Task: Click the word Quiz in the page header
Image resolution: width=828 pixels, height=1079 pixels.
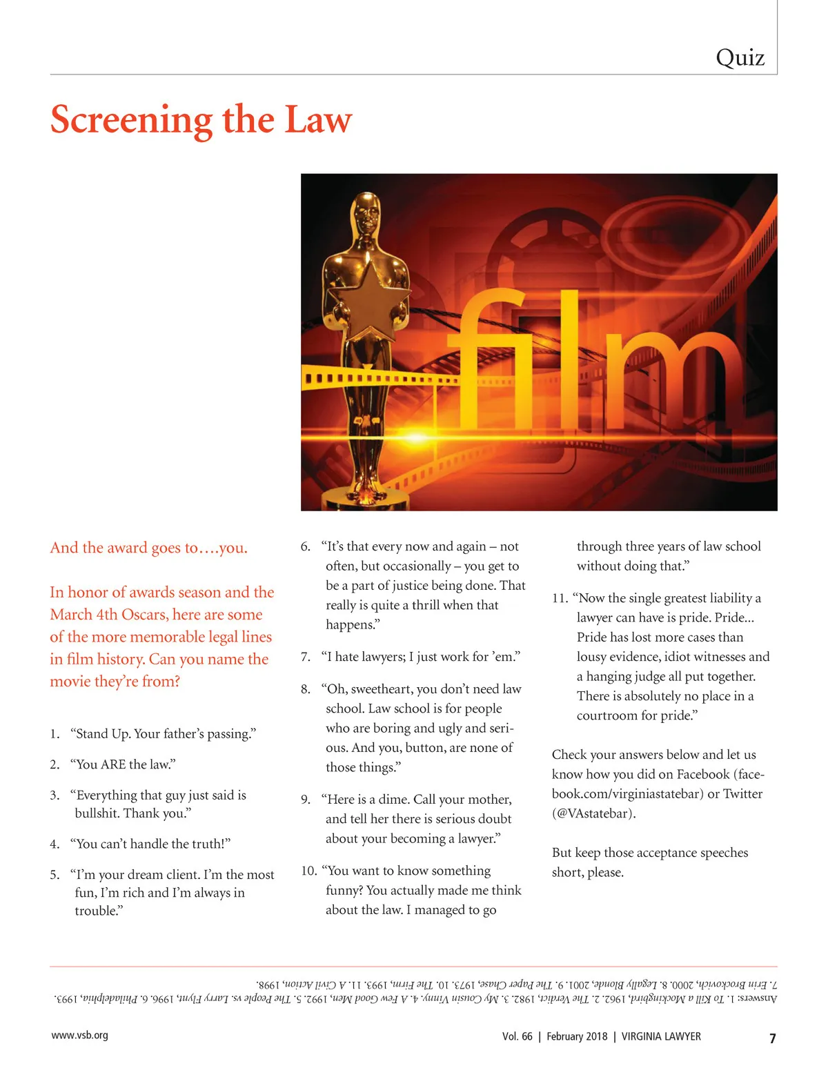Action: click(740, 58)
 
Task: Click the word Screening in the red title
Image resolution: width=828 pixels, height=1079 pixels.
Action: click(132, 121)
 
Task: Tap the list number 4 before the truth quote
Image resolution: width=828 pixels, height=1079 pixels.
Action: click(55, 844)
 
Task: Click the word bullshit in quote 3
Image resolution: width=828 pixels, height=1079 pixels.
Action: click(97, 813)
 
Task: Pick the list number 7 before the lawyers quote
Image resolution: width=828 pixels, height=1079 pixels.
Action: click(305, 657)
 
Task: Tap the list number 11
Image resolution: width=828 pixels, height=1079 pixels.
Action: click(560, 598)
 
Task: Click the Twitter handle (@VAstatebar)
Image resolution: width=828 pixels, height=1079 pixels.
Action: click(593, 813)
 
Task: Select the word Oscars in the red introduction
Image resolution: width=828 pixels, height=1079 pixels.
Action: click(144, 615)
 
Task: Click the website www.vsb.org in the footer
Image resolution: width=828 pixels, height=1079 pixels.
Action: click(79, 1036)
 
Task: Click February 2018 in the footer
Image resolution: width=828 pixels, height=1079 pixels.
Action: click(577, 1036)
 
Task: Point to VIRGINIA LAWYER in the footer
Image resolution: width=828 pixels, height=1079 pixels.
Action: click(661, 1036)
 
